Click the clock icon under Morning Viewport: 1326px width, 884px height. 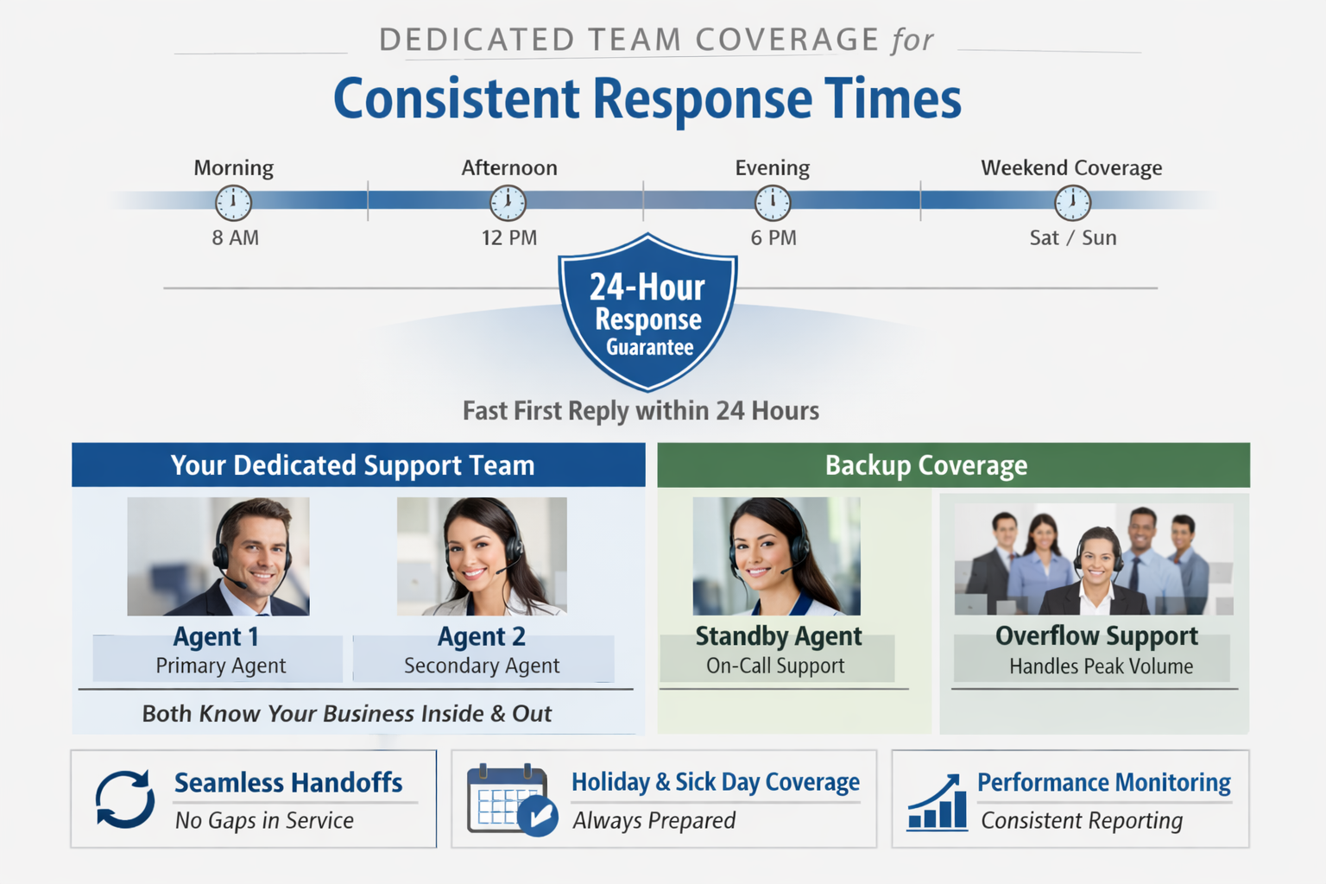pyautogui.click(x=233, y=203)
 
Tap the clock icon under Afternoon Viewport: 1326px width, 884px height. pyautogui.click(x=508, y=203)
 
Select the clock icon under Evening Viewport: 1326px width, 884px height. pyautogui.click(x=772, y=203)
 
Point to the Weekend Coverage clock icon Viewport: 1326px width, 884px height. pyautogui.click(x=1072, y=203)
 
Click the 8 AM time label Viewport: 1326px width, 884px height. pyautogui.click(x=235, y=237)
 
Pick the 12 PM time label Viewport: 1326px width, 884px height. pyautogui.click(x=508, y=237)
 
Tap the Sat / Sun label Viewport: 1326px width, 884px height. pyautogui.click(x=1072, y=237)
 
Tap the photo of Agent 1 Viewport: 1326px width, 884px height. pyautogui.click(x=218, y=556)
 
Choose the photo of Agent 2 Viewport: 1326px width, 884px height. pyautogui.click(x=482, y=556)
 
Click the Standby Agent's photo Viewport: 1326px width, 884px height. pyautogui.click(x=776, y=556)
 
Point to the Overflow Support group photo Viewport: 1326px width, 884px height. pyautogui.click(x=1093, y=559)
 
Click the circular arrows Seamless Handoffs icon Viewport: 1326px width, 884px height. pyautogui.click(x=125, y=799)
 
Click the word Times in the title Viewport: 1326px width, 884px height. pyautogui.click(x=893, y=98)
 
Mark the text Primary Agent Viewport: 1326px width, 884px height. pyautogui.click(x=220, y=666)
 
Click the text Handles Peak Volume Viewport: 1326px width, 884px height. pyautogui.click(x=1101, y=666)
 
